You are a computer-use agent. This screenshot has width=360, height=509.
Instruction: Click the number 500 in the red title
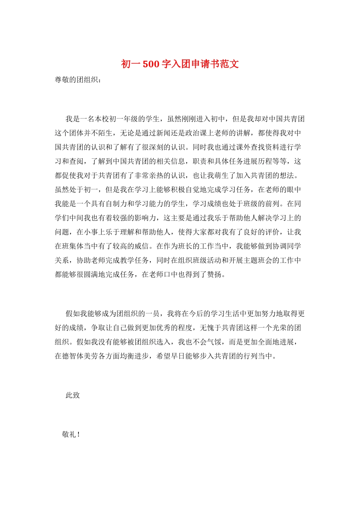click(x=151, y=64)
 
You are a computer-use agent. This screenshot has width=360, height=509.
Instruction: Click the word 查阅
click(x=77, y=162)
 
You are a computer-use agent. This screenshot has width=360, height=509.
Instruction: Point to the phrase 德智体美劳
click(x=80, y=356)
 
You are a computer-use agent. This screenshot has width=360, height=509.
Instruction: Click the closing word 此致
click(x=73, y=395)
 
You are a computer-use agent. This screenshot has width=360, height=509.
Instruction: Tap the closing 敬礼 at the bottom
click(x=69, y=434)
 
